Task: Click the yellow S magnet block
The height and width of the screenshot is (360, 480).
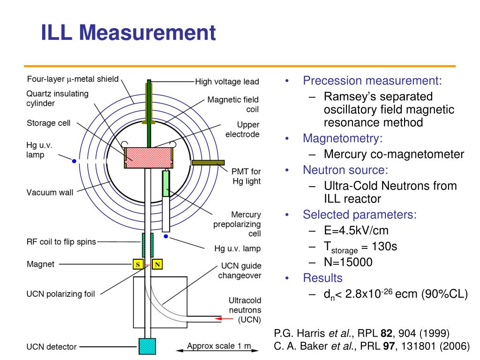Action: pyautogui.click(x=138, y=264)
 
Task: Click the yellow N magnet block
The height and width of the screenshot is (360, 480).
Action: pyautogui.click(x=157, y=264)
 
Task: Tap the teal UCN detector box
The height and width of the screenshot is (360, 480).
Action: pyautogui.click(x=147, y=346)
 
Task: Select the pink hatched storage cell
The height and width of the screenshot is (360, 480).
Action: pyautogui.click(x=149, y=157)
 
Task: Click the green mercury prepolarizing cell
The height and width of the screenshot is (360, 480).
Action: pyautogui.click(x=166, y=184)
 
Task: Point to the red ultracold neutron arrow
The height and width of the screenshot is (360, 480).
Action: pyautogui.click(x=224, y=319)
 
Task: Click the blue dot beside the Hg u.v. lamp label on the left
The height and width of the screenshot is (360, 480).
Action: pyautogui.click(x=74, y=161)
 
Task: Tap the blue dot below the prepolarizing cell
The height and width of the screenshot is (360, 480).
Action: pyautogui.click(x=166, y=236)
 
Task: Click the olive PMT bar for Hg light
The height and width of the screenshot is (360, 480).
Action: pyautogui.click(x=208, y=163)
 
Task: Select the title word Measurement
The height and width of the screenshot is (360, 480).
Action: pyautogui.click(x=147, y=32)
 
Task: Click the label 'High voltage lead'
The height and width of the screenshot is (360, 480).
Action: pyautogui.click(x=227, y=82)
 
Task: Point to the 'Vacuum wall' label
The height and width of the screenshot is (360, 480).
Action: pyautogui.click(x=50, y=193)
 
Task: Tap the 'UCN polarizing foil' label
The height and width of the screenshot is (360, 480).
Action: pyautogui.click(x=60, y=294)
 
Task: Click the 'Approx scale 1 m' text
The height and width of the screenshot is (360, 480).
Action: pyautogui.click(x=219, y=346)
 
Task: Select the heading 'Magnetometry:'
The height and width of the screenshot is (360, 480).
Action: pyautogui.click(x=343, y=138)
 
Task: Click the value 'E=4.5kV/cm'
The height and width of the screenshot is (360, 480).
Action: pyautogui.click(x=356, y=231)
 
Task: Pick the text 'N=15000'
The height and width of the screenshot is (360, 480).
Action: pyautogui.click(x=348, y=262)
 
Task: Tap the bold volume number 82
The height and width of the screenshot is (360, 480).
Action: pyautogui.click(x=387, y=333)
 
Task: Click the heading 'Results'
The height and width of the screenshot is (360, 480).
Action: pyautogui.click(x=322, y=278)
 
